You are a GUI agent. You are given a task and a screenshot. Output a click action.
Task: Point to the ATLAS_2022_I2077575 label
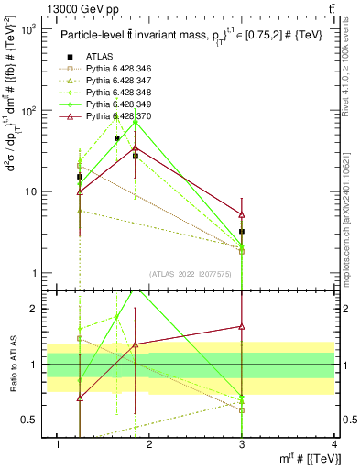tap(191, 273)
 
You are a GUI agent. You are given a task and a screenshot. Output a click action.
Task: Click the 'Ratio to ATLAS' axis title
tap(16, 365)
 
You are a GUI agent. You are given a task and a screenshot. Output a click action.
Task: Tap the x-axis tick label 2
tap(150, 444)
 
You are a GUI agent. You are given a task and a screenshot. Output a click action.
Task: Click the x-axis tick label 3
tap(242, 444)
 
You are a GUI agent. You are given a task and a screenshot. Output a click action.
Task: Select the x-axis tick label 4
tap(333, 444)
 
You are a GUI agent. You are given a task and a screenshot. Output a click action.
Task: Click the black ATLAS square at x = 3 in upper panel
tap(242, 232)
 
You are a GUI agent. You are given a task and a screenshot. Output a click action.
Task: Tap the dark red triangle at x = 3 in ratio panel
tap(242, 326)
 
